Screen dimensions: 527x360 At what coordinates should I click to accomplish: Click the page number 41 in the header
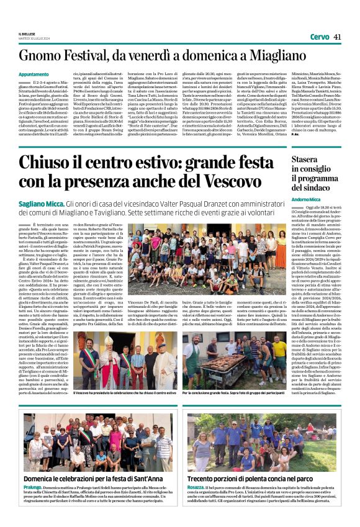(x=337, y=37)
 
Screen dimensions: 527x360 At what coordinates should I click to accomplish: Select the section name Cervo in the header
(x=319, y=37)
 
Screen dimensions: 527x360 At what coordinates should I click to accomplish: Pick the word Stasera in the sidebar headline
(x=308, y=160)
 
